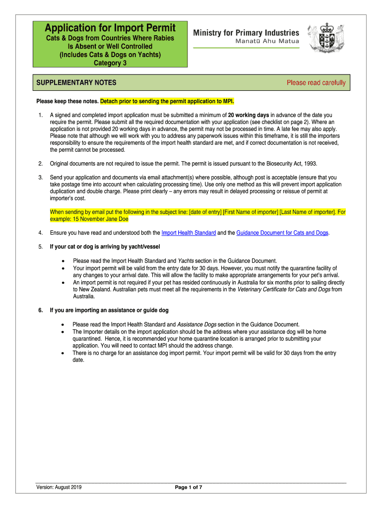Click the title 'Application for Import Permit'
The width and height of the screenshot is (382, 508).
pos(111,28)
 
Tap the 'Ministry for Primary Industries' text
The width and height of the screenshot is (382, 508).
pos(246,32)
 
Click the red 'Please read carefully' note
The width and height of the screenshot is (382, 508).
pos(316,83)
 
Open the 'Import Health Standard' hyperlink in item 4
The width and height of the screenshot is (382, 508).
pos(189,233)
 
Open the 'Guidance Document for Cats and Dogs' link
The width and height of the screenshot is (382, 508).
pos(282,233)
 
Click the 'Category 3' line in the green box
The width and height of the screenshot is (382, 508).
pos(110,63)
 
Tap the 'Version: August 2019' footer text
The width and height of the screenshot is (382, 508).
pos(59,487)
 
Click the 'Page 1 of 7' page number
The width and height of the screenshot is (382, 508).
pos(189,487)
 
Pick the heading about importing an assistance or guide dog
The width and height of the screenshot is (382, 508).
pos(109,311)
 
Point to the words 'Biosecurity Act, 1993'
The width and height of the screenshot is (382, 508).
pos(282,163)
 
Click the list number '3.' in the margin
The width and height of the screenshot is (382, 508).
pos(40,177)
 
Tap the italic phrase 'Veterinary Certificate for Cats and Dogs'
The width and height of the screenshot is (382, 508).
pos(285,290)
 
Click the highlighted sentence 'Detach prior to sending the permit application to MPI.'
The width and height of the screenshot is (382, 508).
pos(167,102)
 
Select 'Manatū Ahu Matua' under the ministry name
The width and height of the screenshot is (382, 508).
pos(267,41)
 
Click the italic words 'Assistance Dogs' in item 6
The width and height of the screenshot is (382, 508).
pos(196,324)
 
